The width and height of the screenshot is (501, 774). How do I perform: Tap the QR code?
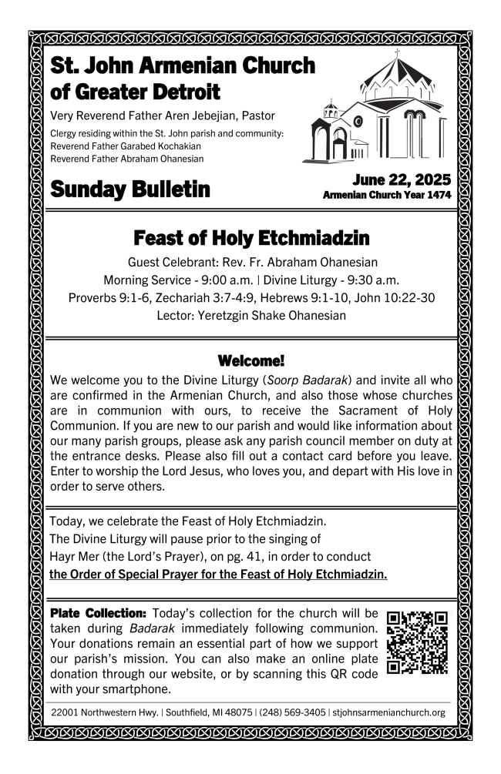(417, 642)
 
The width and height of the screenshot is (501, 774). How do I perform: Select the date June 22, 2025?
(402, 180)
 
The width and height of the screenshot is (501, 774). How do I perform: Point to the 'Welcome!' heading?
(250, 360)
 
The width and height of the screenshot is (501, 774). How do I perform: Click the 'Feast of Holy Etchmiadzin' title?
(250, 236)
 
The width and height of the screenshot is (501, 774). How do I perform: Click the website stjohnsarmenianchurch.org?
(389, 712)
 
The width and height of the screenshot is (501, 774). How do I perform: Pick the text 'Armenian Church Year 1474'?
(387, 196)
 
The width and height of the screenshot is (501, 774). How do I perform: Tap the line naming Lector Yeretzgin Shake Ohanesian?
(250, 315)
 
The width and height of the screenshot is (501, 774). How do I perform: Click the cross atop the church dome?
(398, 54)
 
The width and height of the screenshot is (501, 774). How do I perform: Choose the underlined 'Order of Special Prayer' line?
(218, 575)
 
